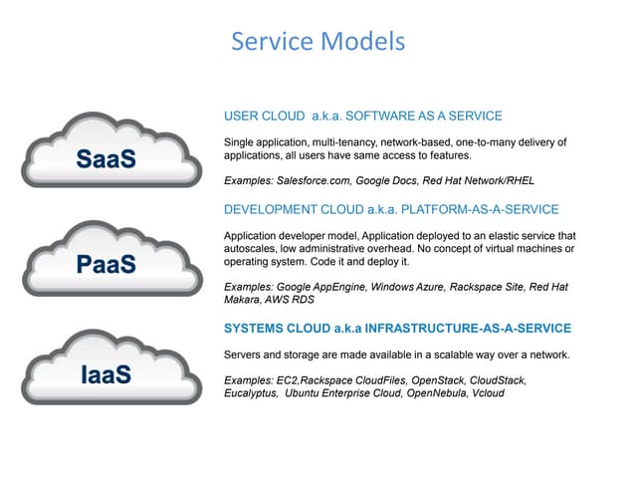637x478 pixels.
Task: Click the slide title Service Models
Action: tap(318, 42)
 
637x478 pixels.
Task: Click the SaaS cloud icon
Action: tap(111, 150)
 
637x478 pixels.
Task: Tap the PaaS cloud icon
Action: tap(112, 259)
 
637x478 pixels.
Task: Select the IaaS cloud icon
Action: tap(111, 367)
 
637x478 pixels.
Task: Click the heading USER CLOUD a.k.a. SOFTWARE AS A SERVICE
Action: tap(362, 116)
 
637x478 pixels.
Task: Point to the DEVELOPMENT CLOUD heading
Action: tap(391, 209)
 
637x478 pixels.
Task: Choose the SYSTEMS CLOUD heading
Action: tap(398, 328)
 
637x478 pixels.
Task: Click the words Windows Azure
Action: tap(407, 287)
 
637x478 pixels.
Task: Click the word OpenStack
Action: tap(438, 380)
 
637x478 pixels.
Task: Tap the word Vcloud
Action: tap(488, 393)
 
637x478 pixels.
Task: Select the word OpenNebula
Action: tap(437, 393)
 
